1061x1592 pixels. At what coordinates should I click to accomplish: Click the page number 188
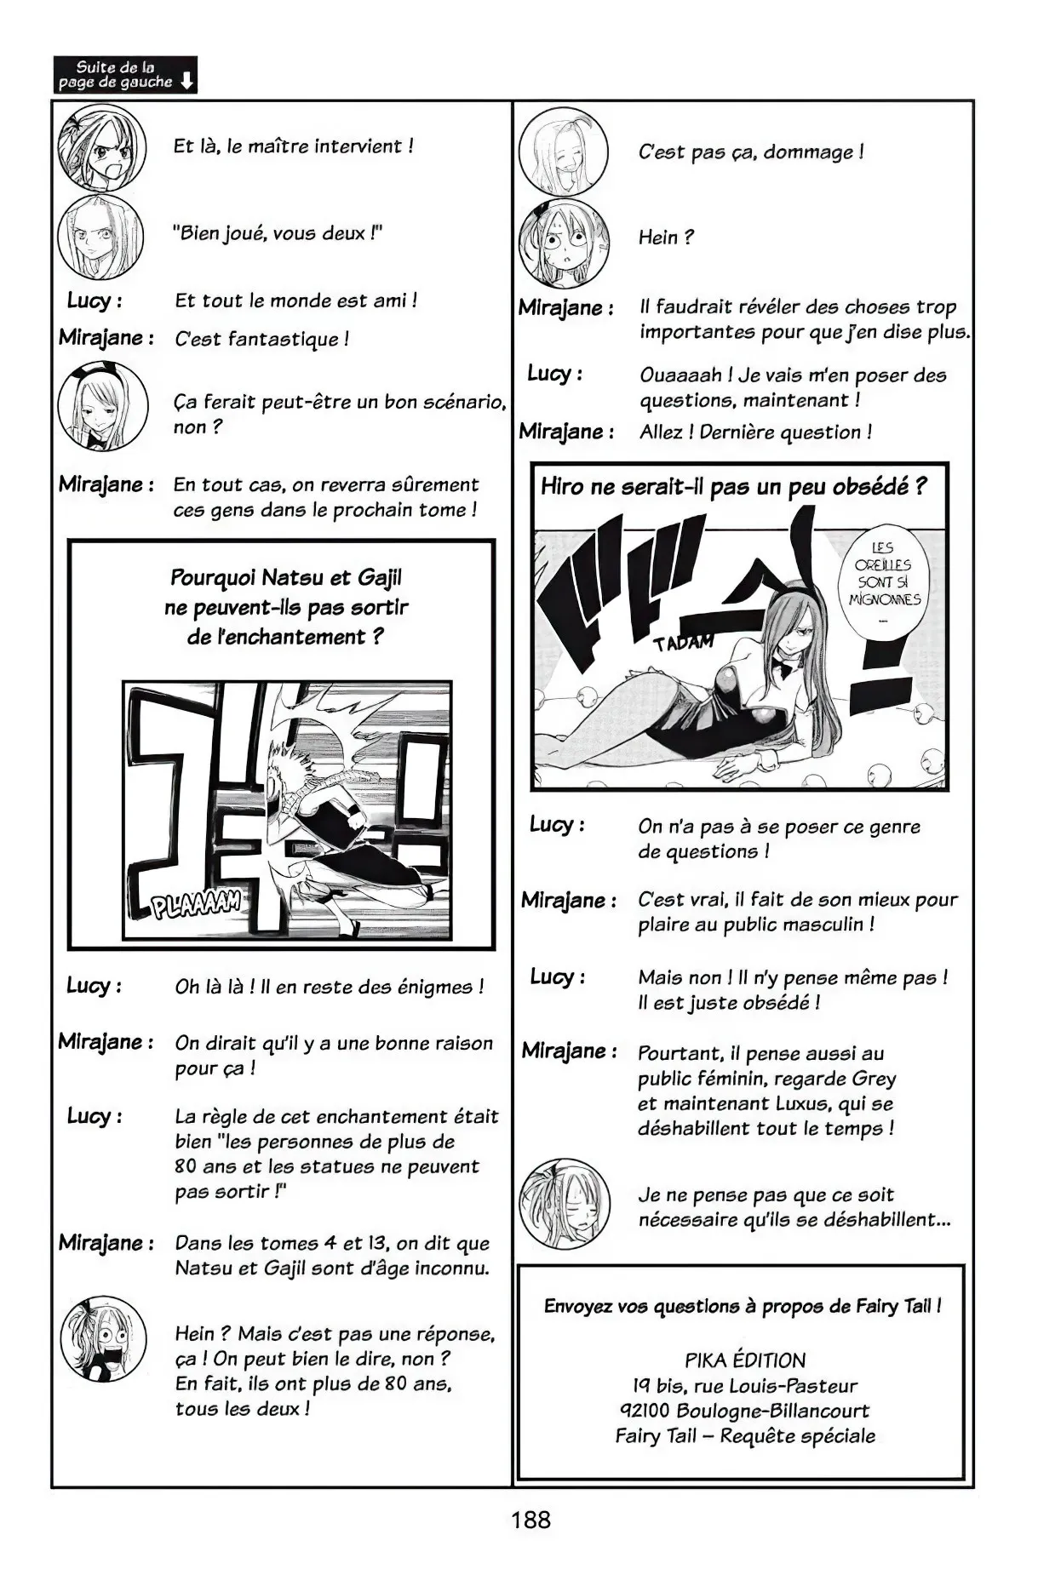click(530, 1520)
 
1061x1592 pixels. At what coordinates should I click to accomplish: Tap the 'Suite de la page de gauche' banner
click(124, 75)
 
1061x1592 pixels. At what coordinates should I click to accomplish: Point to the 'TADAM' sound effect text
click(682, 642)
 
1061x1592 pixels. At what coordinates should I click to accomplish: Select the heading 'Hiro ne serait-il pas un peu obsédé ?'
click(733, 487)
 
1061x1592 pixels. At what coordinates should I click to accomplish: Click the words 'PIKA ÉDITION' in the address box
click(744, 1360)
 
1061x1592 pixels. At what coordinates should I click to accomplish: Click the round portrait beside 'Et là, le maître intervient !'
click(101, 148)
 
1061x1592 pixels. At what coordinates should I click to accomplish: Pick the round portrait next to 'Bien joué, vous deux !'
click(100, 236)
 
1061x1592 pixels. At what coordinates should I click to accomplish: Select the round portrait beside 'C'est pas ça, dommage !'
click(563, 152)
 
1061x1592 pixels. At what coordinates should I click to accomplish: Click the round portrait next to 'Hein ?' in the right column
click(563, 243)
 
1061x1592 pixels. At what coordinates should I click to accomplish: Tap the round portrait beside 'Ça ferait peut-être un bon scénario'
click(102, 406)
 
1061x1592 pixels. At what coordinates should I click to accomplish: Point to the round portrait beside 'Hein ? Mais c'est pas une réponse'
click(103, 1339)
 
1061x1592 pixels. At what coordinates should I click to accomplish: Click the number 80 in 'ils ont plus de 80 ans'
click(396, 1383)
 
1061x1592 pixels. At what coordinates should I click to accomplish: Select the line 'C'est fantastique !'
click(261, 339)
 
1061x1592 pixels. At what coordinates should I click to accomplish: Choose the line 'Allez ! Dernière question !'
click(755, 432)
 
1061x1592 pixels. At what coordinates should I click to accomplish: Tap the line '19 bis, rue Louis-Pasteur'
click(744, 1385)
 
